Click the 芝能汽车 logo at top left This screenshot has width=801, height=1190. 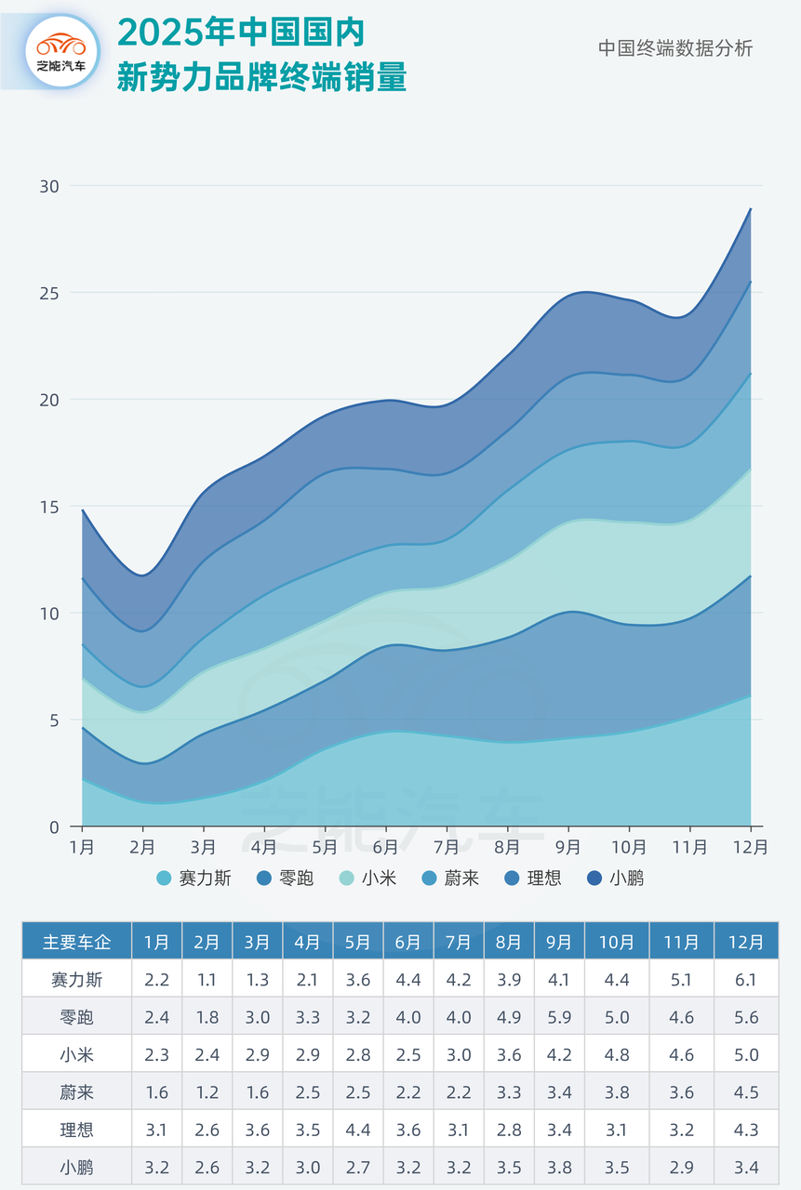point(60,51)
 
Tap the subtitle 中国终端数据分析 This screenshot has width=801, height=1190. point(674,48)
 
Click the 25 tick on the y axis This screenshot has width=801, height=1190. point(49,293)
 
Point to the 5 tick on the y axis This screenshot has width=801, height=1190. point(53,721)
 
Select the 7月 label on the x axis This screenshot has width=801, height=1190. point(447,847)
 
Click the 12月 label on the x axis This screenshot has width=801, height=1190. point(750,847)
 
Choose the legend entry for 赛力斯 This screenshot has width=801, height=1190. point(194,878)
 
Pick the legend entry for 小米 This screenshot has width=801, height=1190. point(368,878)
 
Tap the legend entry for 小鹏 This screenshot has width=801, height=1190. point(615,878)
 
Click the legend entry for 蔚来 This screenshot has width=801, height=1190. point(450,878)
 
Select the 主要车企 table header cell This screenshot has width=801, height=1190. point(76,942)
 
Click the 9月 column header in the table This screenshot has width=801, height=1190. point(559,942)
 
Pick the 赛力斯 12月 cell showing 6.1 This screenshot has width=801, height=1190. point(746,979)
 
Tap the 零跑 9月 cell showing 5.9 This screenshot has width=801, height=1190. point(559,1017)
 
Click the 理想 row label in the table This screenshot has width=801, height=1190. point(76,1130)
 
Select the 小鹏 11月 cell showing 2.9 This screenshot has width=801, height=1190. point(681,1168)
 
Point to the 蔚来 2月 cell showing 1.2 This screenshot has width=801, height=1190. point(207,1092)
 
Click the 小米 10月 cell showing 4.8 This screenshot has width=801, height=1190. point(617,1055)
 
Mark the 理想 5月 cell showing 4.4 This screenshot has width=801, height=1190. point(358,1130)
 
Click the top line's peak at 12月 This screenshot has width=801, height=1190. point(751,209)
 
